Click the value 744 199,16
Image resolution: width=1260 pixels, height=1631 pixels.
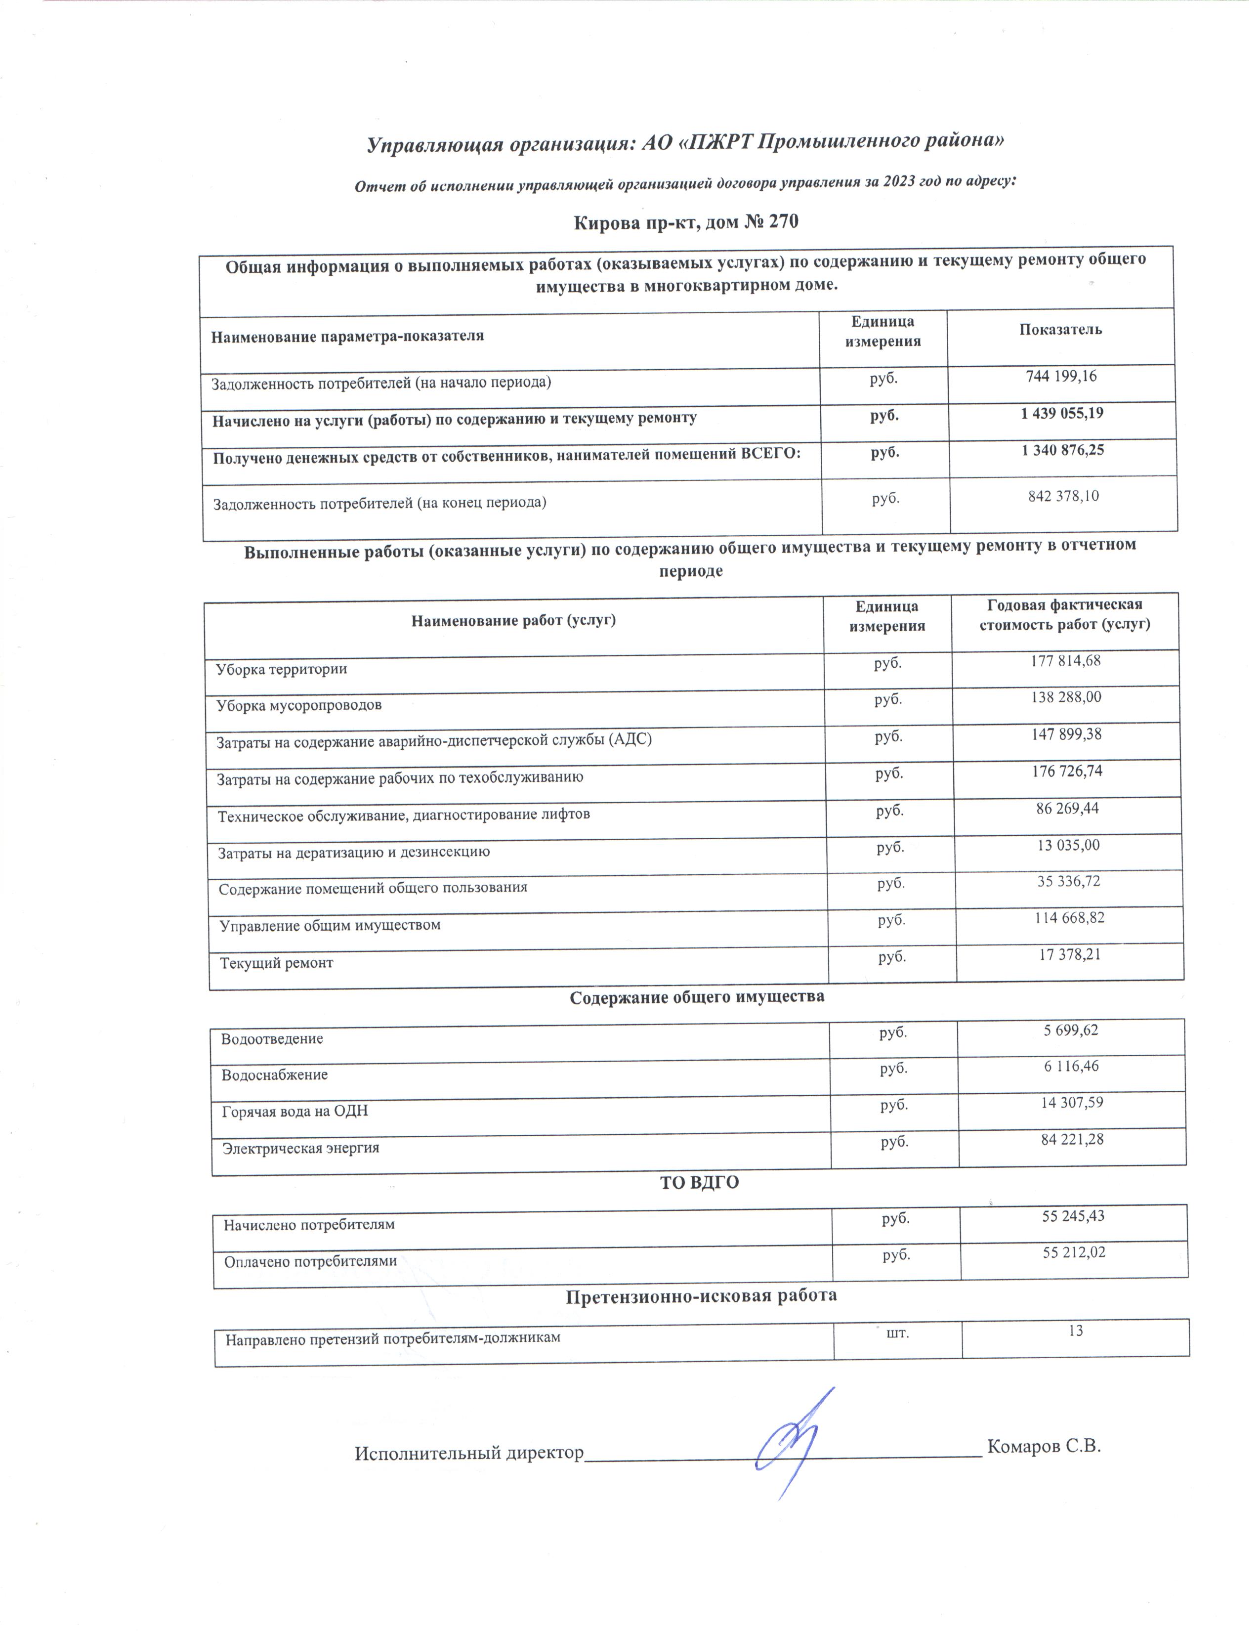point(1061,377)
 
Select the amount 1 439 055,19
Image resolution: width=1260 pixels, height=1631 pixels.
point(1061,414)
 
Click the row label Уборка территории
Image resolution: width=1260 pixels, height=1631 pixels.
point(282,669)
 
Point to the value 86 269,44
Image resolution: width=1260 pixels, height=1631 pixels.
point(1067,808)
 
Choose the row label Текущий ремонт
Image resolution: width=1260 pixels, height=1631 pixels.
point(276,963)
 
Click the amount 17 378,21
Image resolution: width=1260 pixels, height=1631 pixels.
point(1070,954)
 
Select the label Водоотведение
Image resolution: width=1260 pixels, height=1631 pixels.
point(272,1039)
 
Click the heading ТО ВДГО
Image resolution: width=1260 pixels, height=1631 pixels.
point(699,1182)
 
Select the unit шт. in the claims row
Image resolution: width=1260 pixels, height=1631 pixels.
point(896,1331)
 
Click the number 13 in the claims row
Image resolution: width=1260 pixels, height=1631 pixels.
point(1075,1331)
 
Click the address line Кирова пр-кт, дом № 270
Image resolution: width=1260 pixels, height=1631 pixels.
point(685,222)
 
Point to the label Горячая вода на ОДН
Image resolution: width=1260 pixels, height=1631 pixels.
point(295,1111)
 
